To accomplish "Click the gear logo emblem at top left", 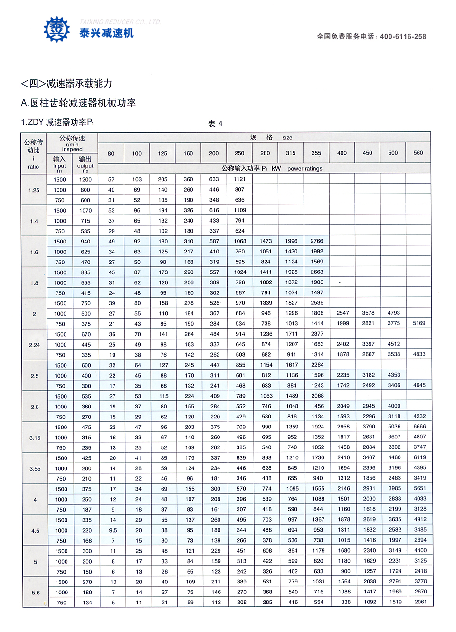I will pos(57,29).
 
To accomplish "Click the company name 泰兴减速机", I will pos(106,33).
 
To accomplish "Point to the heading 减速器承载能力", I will pos(79,84).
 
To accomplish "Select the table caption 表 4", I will pos(215,124).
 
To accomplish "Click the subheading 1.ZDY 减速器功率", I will pos(57,122).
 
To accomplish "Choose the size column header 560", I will pos(418,153).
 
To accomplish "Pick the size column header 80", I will pos(111,153).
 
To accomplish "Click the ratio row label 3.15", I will pos(35,438).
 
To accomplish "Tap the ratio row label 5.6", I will pos(36,593).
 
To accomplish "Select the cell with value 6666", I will pos(419,427).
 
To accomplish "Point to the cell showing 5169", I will pos(419,323).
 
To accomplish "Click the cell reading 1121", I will pos(240,179).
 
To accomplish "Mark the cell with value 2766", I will pos(317,241).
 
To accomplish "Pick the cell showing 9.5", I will pos(113,530).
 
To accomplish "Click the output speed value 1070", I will pos(85,211).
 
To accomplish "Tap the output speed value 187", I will pos(86,510).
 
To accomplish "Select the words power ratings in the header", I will pos(304,169).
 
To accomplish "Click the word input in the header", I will pos(59,166).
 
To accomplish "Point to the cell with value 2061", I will pos(420,602).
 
